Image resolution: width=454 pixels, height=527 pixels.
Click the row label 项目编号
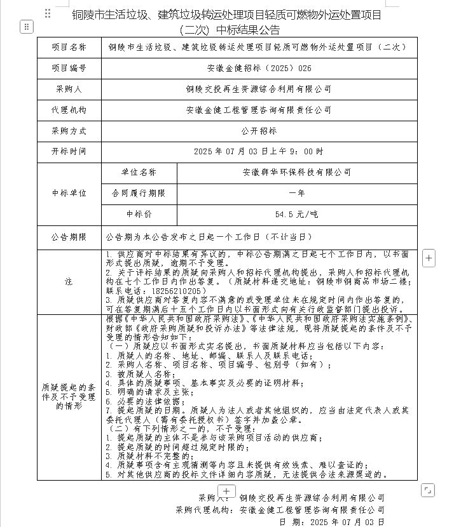(x=69, y=68)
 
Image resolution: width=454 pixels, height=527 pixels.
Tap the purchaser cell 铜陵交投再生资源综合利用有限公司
(x=259, y=89)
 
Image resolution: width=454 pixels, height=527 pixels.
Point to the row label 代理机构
(x=69, y=110)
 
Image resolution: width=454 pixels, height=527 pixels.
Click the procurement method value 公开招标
(x=259, y=131)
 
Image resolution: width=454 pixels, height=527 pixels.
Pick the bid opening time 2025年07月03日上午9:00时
(x=259, y=152)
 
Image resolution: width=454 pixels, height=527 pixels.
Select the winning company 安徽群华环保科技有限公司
(x=297, y=172)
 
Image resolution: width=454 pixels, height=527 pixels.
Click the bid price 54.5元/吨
(x=297, y=215)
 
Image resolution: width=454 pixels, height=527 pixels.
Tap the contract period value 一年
(x=297, y=193)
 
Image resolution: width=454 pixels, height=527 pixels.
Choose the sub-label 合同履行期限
(x=139, y=193)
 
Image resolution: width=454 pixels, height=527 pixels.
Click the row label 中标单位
(x=69, y=193)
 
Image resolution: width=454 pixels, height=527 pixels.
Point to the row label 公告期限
(x=69, y=237)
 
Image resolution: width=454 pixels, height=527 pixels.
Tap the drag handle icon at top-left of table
(x=26, y=27)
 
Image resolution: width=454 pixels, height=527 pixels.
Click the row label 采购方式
(x=69, y=131)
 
